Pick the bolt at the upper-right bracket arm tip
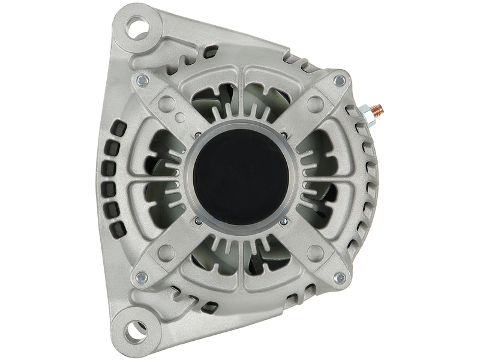coord(340,79)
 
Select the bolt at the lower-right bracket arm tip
coord(340,277)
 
